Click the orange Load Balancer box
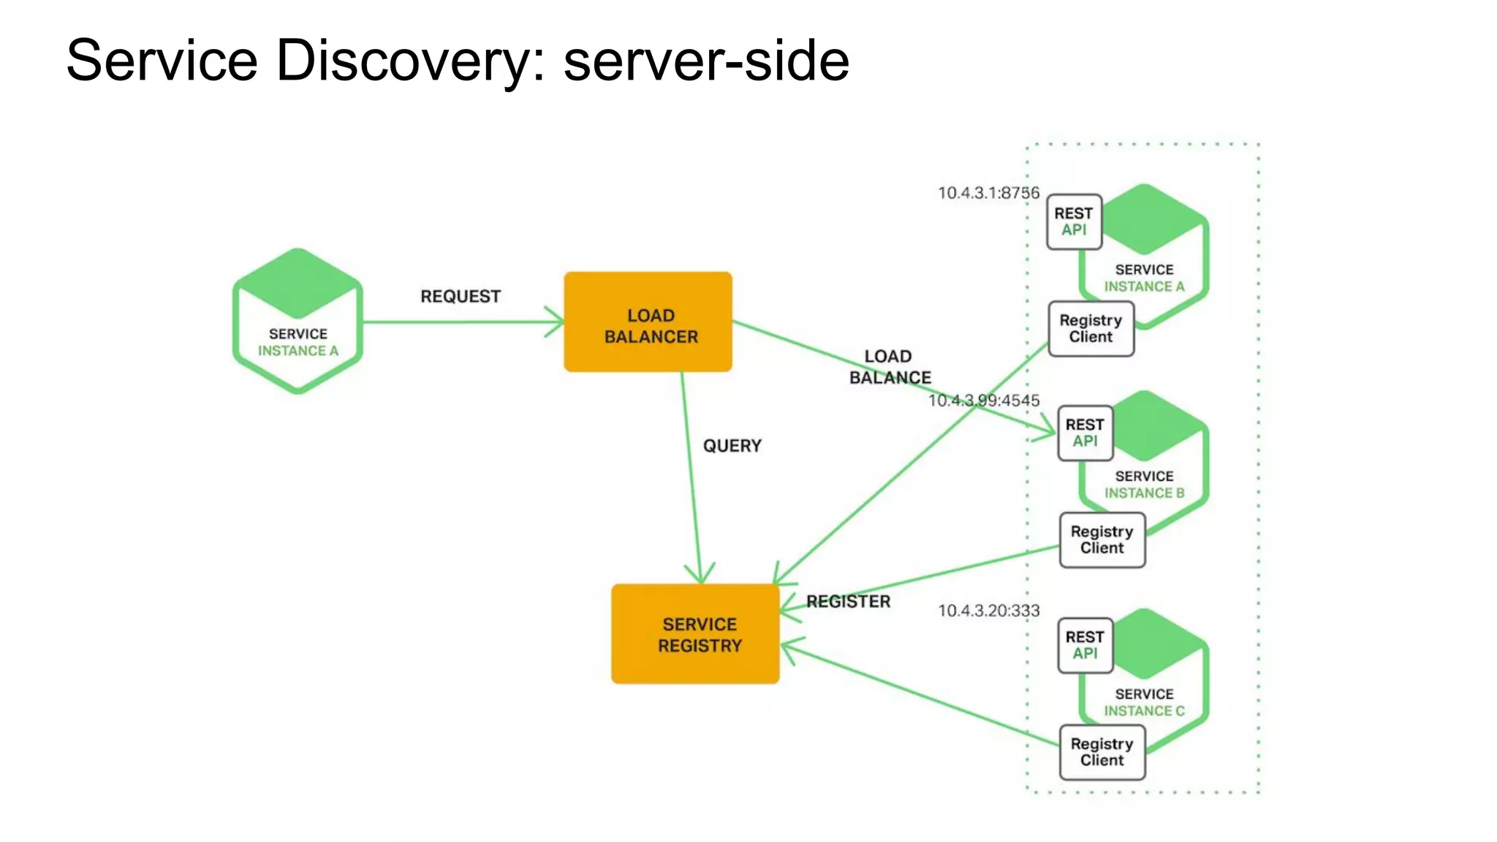point(648,322)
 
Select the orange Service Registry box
point(695,634)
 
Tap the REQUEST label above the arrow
point(461,296)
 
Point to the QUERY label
point(732,446)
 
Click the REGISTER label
point(848,602)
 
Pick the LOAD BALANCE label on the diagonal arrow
point(890,367)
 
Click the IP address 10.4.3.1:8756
point(988,193)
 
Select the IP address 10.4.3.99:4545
point(984,401)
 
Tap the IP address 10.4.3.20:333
point(988,611)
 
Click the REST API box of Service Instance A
point(1074,221)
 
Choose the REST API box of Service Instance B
point(1085,433)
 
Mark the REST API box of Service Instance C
point(1085,645)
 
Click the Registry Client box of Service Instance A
point(1091,329)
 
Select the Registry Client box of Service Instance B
point(1102,540)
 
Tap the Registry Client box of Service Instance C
point(1102,752)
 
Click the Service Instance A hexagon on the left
point(297,322)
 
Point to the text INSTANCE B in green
point(1144,493)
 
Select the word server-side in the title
point(706,60)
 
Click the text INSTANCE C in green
point(1144,711)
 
